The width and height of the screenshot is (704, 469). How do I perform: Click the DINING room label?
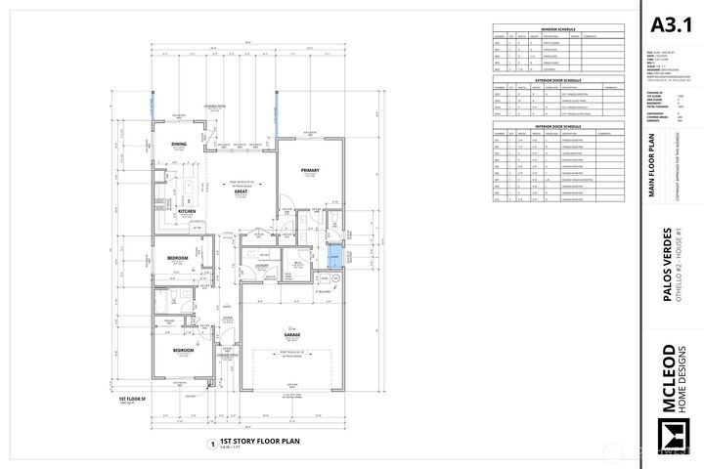click(179, 144)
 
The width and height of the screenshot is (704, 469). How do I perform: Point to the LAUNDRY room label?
click(263, 265)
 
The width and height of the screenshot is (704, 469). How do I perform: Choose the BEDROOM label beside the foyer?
click(182, 349)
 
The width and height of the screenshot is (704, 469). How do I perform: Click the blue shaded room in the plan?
click(335, 256)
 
